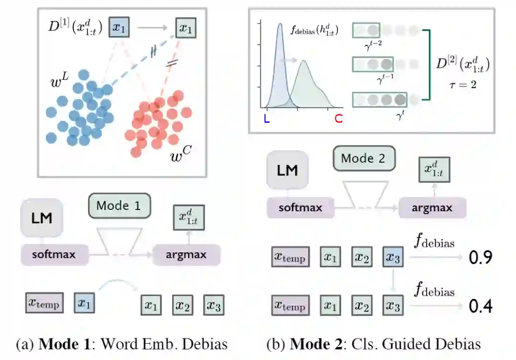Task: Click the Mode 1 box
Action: [x=119, y=206]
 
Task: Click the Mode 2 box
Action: [x=365, y=159]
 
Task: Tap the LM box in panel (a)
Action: [x=41, y=218]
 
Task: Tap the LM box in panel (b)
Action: [x=288, y=170]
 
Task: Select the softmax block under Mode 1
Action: [x=54, y=254]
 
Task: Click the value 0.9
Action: [x=480, y=258]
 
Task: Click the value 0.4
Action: [x=480, y=305]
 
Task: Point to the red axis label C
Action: [x=338, y=119]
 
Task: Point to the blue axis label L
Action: [x=267, y=119]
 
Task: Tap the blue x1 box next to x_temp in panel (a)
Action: [x=84, y=303]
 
